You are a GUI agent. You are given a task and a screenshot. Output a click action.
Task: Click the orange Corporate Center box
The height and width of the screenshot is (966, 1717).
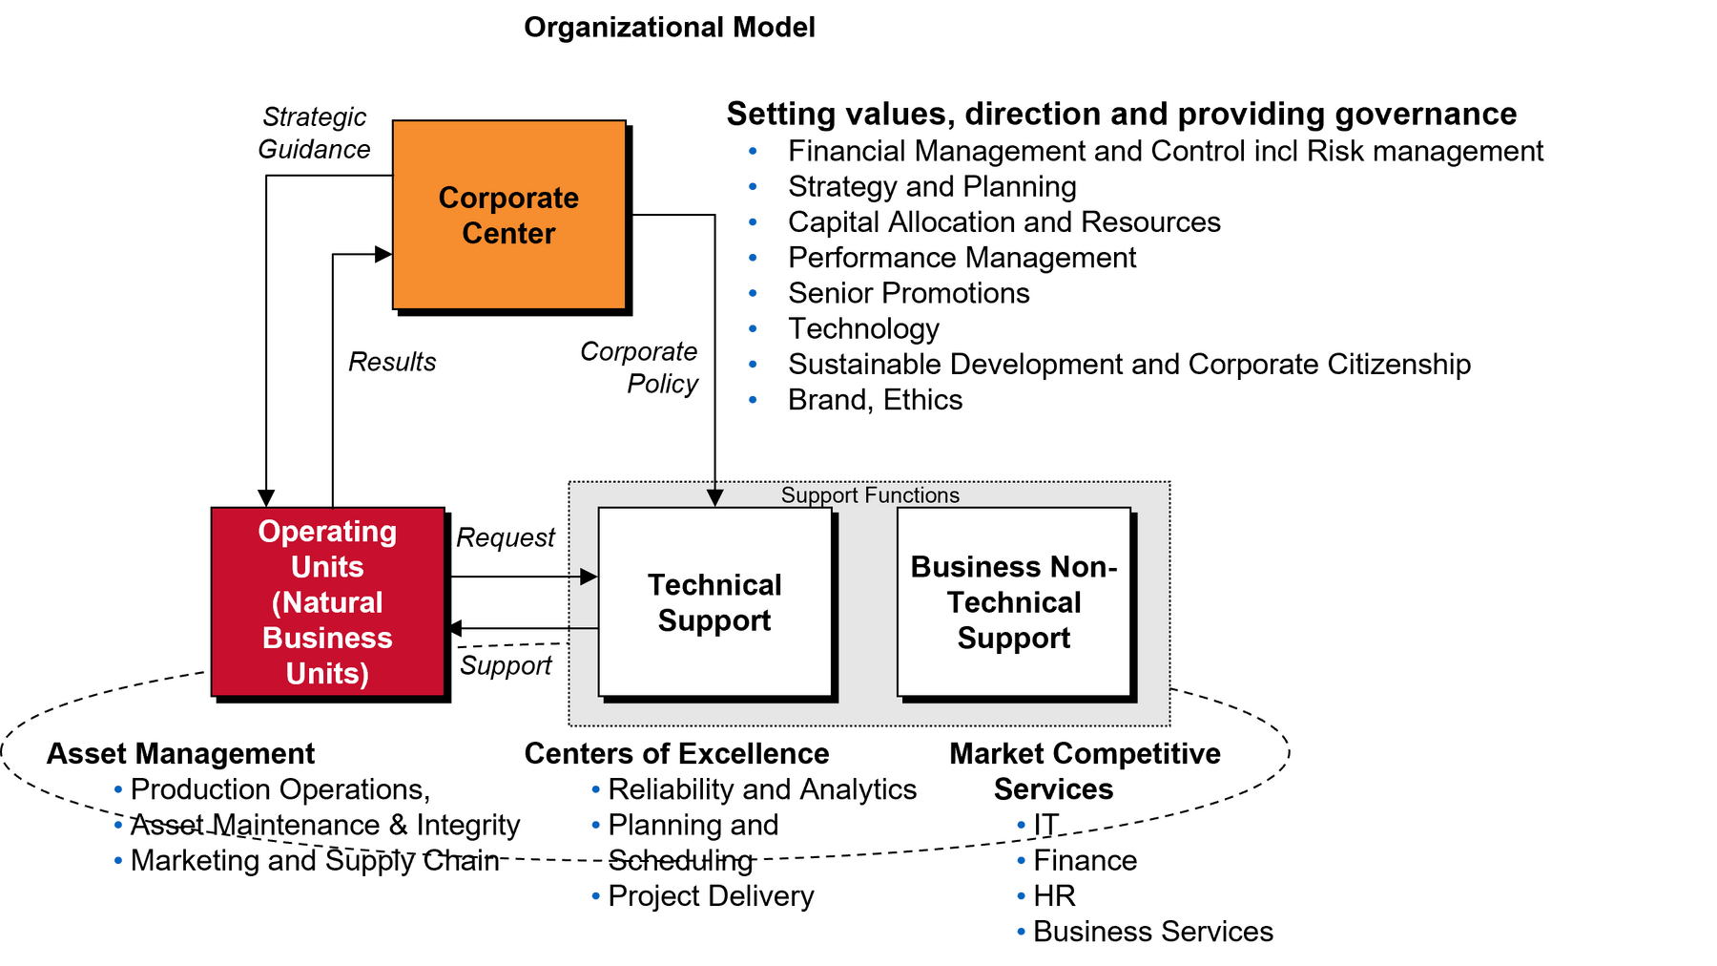click(x=509, y=215)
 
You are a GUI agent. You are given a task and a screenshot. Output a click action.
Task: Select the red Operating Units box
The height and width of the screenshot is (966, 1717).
click(x=328, y=601)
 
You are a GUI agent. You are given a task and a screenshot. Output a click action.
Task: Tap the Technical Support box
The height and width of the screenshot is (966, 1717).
click(x=715, y=601)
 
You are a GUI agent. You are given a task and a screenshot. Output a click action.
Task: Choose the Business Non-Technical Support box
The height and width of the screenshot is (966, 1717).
click(x=1014, y=601)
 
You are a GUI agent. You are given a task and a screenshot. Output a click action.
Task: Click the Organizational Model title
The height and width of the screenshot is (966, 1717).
click(x=670, y=27)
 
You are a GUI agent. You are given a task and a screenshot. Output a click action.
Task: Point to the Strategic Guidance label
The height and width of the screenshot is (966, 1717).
click(x=314, y=133)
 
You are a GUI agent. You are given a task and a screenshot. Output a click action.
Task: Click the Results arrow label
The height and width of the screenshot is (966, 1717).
click(x=392, y=362)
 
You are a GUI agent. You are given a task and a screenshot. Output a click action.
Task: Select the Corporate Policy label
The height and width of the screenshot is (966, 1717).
click(x=639, y=367)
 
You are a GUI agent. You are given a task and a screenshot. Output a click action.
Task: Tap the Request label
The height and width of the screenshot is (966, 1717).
click(x=506, y=538)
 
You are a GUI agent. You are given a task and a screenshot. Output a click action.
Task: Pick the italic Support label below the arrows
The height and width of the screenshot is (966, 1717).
click(x=506, y=665)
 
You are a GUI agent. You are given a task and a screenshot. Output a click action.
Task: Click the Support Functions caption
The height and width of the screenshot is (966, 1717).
click(x=870, y=494)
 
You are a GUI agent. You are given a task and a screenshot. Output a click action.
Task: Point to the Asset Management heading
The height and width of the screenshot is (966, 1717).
click(x=180, y=753)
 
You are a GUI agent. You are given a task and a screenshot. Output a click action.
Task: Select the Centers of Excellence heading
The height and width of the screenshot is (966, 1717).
click(x=676, y=753)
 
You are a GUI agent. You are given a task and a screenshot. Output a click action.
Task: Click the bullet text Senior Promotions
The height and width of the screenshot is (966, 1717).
click(x=909, y=293)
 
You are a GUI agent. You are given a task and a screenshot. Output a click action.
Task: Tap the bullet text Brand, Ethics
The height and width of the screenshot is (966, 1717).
click(x=875, y=400)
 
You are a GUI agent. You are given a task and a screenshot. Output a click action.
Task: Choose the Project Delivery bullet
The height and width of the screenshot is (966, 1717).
click(x=711, y=896)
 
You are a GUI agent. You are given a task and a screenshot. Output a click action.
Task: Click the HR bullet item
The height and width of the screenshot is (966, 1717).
click(x=1054, y=896)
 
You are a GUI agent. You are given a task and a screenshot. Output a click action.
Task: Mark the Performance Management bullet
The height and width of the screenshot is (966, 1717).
click(x=962, y=258)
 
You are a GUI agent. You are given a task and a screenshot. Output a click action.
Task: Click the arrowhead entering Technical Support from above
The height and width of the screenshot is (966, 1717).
click(x=714, y=498)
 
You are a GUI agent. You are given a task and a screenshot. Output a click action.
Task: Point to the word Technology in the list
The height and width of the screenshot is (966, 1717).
click(x=863, y=329)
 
